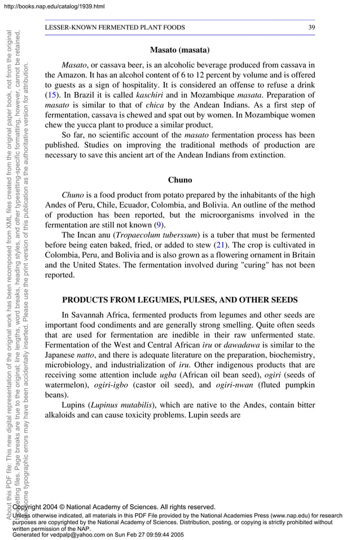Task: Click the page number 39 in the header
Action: tap(311, 27)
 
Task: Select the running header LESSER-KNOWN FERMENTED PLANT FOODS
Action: tap(115, 27)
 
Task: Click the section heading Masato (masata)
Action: tap(180, 50)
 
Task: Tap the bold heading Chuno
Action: tap(180, 180)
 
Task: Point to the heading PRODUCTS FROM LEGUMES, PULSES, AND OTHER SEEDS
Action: tap(180, 300)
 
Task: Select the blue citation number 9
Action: tap(159, 225)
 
